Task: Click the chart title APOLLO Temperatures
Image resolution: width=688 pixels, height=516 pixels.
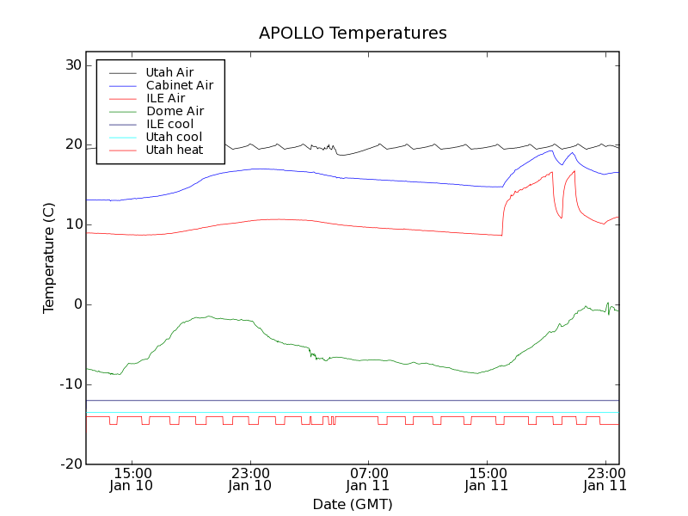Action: (353, 34)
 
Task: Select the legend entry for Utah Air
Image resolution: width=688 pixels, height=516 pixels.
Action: (169, 72)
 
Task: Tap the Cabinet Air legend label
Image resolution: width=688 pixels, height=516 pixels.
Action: (179, 85)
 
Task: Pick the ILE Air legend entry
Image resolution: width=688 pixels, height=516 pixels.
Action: (165, 98)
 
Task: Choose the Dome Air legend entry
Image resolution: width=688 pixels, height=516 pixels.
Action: (175, 111)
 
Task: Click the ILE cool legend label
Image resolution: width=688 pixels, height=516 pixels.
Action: (169, 124)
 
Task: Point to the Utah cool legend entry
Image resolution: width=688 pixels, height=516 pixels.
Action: (174, 137)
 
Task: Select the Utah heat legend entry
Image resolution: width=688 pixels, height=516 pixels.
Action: (174, 150)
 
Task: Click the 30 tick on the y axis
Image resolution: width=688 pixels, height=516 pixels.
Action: (71, 65)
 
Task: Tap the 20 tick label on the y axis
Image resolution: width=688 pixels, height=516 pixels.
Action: (71, 145)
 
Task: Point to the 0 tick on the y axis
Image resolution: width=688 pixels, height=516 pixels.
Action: (77, 304)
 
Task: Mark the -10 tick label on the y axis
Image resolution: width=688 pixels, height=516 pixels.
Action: (70, 384)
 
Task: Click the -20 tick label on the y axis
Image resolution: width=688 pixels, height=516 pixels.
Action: (70, 464)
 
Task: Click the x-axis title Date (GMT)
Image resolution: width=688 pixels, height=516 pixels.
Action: (353, 504)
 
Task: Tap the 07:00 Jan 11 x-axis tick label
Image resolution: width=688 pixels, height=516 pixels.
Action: (369, 479)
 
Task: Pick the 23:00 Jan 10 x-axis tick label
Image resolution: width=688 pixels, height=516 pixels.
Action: (250, 479)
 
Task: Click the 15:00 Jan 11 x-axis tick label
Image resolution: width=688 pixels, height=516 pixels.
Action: (488, 479)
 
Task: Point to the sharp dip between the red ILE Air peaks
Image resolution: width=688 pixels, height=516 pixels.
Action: (562, 218)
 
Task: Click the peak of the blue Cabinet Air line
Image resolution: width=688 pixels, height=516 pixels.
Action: (551, 150)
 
